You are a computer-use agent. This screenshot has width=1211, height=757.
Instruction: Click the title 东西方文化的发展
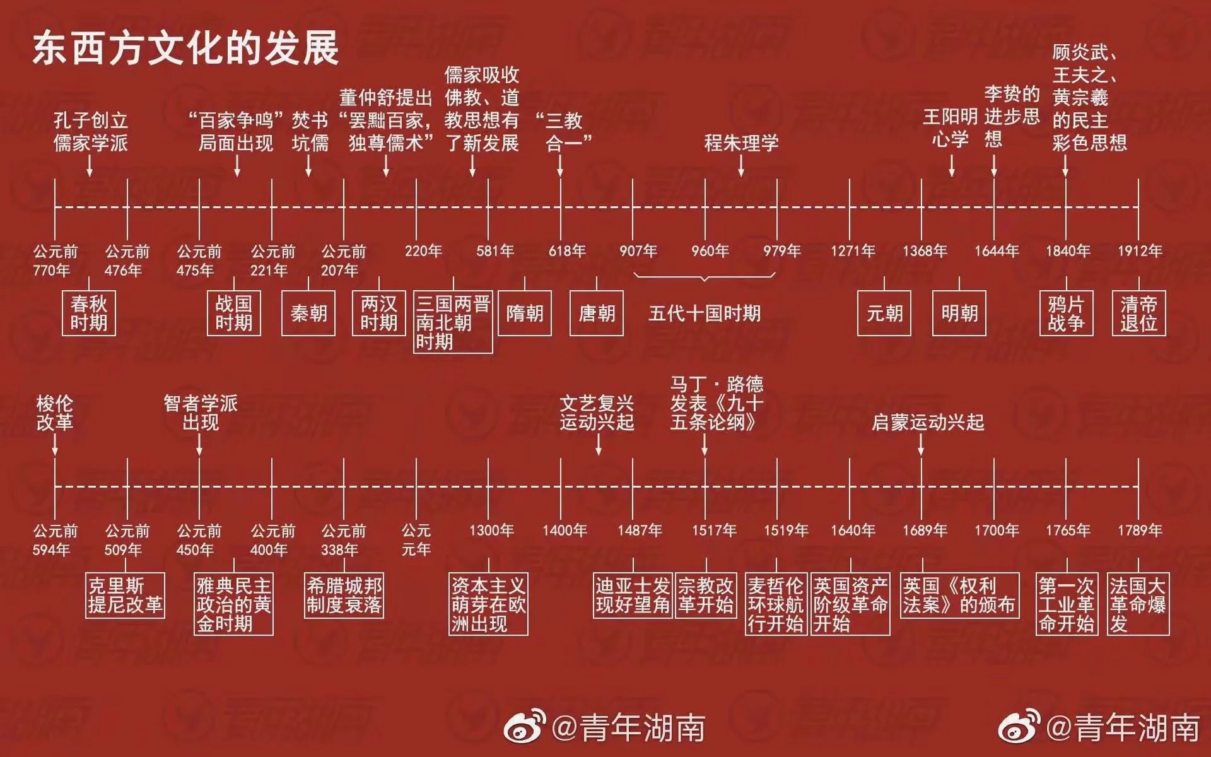pos(186,48)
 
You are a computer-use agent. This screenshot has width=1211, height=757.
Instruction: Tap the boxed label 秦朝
pos(308,314)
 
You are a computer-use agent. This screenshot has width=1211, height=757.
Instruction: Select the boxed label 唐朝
pos(597,314)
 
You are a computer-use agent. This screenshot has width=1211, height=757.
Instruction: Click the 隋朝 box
pos(525,314)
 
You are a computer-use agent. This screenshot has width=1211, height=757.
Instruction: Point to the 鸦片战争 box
pos(1066,314)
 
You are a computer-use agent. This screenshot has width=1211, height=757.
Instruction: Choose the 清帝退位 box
pos(1138,314)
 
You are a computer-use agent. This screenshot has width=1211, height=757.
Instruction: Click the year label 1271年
pos(853,251)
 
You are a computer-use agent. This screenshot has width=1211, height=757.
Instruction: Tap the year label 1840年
pos(1068,251)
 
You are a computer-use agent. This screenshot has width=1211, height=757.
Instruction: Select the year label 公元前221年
pos(272,261)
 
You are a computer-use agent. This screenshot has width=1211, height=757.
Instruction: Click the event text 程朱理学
pos(741,143)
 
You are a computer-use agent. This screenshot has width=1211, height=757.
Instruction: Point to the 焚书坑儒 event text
pos(310,132)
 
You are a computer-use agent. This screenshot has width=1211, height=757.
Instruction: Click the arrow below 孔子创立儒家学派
pos(90,165)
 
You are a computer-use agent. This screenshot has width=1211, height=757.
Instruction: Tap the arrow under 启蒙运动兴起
pos(921,445)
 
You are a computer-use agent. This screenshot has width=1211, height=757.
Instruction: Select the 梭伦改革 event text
pos(55,413)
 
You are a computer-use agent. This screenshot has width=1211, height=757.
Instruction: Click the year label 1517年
pos(714,531)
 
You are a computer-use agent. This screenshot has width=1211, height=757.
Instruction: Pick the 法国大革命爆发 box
pos(1138,604)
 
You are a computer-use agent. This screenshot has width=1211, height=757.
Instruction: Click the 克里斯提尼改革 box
pos(125,595)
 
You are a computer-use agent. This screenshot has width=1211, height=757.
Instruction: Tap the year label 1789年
pos(1140,531)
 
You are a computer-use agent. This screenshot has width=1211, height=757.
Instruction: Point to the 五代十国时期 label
pos(705,314)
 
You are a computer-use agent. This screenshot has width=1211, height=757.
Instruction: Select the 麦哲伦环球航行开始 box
pos(776,604)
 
